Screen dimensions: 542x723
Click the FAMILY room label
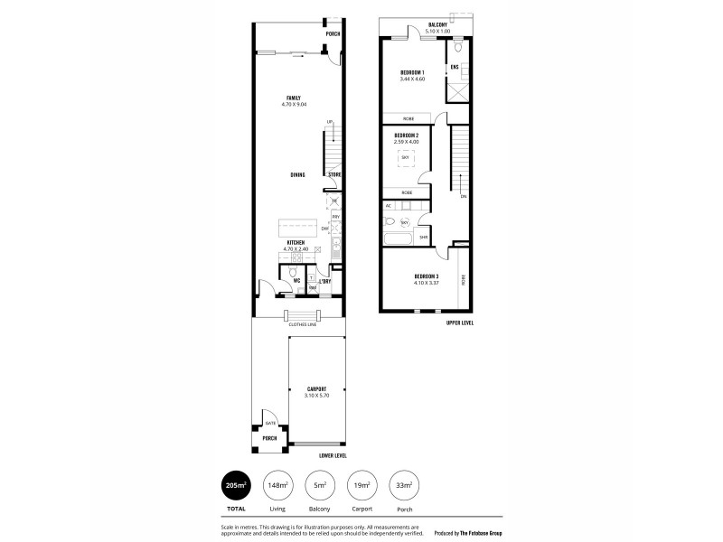coord(294,98)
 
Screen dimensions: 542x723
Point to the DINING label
coord(297,174)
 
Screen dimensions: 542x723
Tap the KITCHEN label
coord(295,242)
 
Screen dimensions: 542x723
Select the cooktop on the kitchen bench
coord(336,241)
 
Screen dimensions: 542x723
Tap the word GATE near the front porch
coord(269,423)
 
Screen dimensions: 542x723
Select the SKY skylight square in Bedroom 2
coord(406,158)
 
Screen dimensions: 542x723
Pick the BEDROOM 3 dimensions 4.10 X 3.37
coord(426,282)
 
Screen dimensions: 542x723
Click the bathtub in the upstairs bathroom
coord(398,239)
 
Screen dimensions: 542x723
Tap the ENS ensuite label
coord(455,67)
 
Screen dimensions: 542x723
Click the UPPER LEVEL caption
coord(460,322)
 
